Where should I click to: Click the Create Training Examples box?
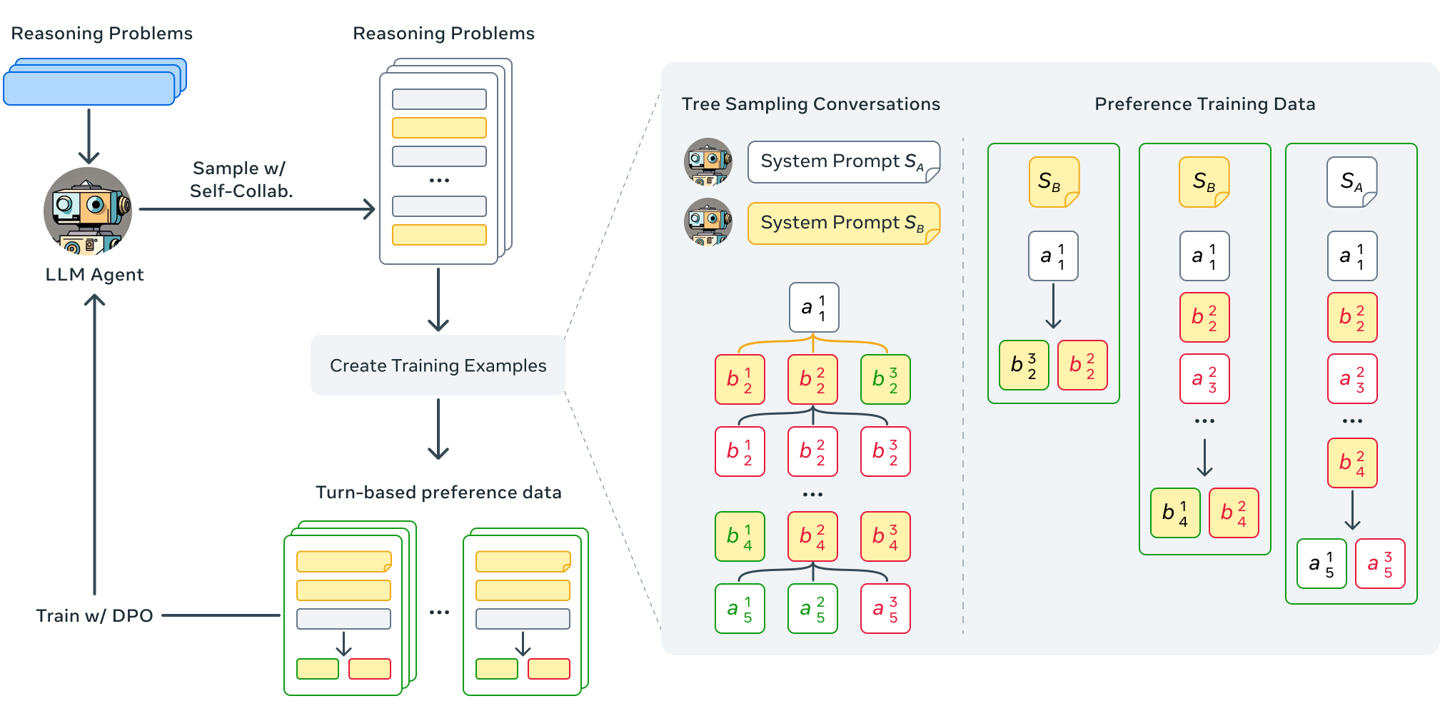[438, 365]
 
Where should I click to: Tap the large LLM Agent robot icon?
[88, 211]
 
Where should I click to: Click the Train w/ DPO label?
[94, 615]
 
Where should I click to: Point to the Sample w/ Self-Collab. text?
[241, 179]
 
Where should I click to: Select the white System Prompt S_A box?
[843, 162]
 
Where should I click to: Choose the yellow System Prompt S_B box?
[843, 223]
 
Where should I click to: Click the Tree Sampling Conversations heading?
[810, 104]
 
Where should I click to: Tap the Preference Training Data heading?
[1204, 104]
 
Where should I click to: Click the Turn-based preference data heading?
[438, 493]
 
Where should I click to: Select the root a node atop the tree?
[814, 308]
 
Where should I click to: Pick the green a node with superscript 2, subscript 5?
[812, 609]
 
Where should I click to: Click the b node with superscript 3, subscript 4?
[885, 536]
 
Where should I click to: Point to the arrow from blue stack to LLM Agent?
[89, 136]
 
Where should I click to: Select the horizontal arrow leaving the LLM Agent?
[257, 209]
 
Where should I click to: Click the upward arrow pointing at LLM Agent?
[94, 443]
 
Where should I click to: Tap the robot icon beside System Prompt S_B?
[708, 222]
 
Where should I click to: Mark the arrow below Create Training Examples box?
[438, 428]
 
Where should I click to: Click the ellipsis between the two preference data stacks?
[439, 612]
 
